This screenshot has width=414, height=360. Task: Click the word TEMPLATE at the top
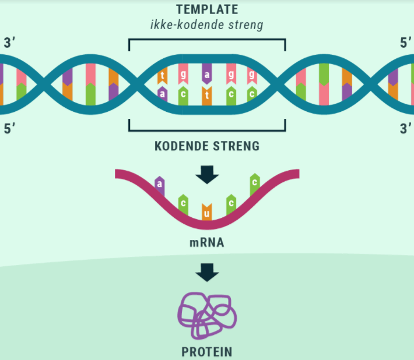pos(207,10)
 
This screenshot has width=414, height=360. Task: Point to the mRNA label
pos(206,242)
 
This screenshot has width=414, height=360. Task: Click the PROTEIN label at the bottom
pos(206,352)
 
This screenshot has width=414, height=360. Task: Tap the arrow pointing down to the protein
pos(207,272)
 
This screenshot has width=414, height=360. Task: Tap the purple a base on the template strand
pos(206,75)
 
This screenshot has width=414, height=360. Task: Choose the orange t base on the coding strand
pos(206,94)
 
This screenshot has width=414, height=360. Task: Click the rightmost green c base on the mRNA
pos(254,182)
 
